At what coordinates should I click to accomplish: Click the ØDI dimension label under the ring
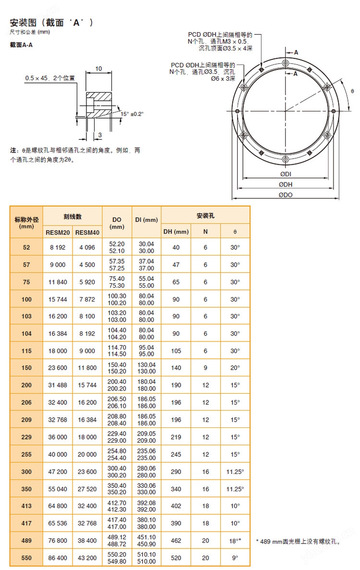286,173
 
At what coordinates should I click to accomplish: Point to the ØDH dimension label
286,184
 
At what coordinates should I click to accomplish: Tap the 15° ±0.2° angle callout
132,114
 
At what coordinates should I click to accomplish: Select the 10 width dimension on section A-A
98,69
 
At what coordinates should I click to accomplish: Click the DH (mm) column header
176,231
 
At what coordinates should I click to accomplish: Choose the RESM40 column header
87,232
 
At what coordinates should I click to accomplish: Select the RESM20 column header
58,232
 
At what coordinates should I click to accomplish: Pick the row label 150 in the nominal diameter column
26,368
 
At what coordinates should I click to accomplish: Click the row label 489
26,540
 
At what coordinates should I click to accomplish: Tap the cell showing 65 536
58,523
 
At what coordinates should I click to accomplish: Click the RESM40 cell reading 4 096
87,247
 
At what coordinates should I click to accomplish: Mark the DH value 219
176,437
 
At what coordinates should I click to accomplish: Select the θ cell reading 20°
235,368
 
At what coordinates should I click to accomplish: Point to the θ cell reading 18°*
235,540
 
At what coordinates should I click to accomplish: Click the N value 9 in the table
205,368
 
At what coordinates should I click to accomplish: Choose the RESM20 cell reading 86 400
58,558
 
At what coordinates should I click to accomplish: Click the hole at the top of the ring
286,63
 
